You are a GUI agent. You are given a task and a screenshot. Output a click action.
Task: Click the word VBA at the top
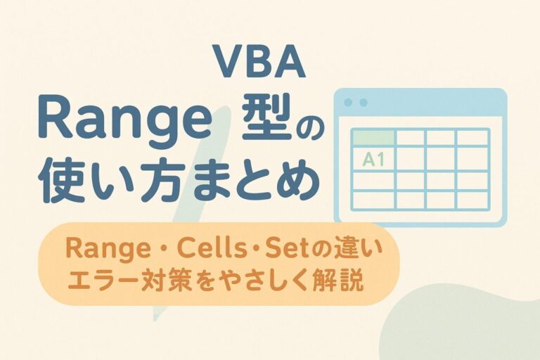258,63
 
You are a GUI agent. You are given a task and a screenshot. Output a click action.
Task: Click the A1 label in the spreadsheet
373,160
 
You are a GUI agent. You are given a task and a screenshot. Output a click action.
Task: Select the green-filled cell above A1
372,137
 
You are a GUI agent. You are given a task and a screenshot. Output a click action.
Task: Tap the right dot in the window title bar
364,103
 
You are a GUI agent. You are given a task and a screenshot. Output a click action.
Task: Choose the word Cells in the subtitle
204,250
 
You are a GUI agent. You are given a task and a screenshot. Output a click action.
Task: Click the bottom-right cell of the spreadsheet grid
472,200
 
